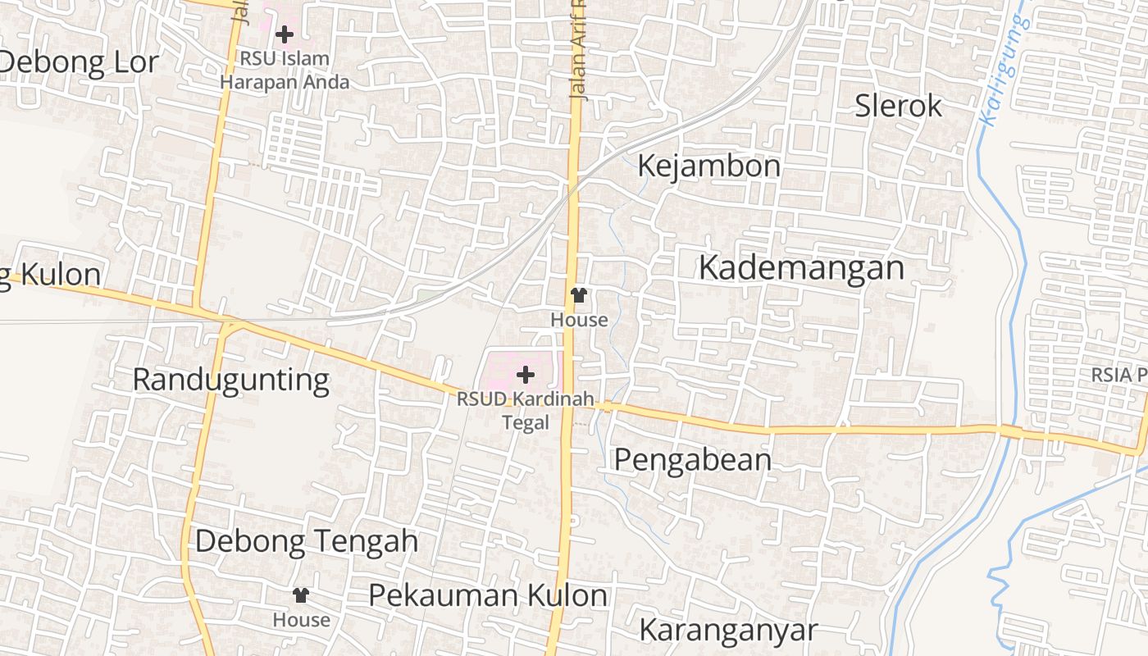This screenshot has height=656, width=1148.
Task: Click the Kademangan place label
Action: click(x=801, y=268)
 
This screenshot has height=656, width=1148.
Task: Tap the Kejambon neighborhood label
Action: click(x=708, y=166)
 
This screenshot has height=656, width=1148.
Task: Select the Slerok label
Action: click(x=898, y=106)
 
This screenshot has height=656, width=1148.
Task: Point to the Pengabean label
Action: click(x=692, y=460)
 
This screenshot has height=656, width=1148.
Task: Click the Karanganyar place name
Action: click(x=728, y=631)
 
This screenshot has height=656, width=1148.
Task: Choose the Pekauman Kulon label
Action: click(x=488, y=595)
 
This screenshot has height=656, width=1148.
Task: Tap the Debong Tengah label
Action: click(x=307, y=541)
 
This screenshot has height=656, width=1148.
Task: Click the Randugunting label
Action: click(x=230, y=380)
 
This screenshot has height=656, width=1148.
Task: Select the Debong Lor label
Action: click(x=79, y=62)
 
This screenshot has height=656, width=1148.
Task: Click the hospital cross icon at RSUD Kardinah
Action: click(x=526, y=375)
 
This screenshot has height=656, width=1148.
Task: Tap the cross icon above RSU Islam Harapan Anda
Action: click(x=285, y=34)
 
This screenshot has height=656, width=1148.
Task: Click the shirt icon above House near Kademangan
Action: click(x=580, y=295)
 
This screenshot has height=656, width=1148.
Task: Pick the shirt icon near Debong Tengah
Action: click(x=301, y=595)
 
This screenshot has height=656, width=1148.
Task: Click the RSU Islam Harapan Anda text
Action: click(x=285, y=71)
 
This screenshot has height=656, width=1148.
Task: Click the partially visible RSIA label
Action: click(x=1118, y=374)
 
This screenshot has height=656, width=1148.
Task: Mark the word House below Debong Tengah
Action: click(x=301, y=620)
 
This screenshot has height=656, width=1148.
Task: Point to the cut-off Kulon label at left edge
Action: click(x=51, y=275)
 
